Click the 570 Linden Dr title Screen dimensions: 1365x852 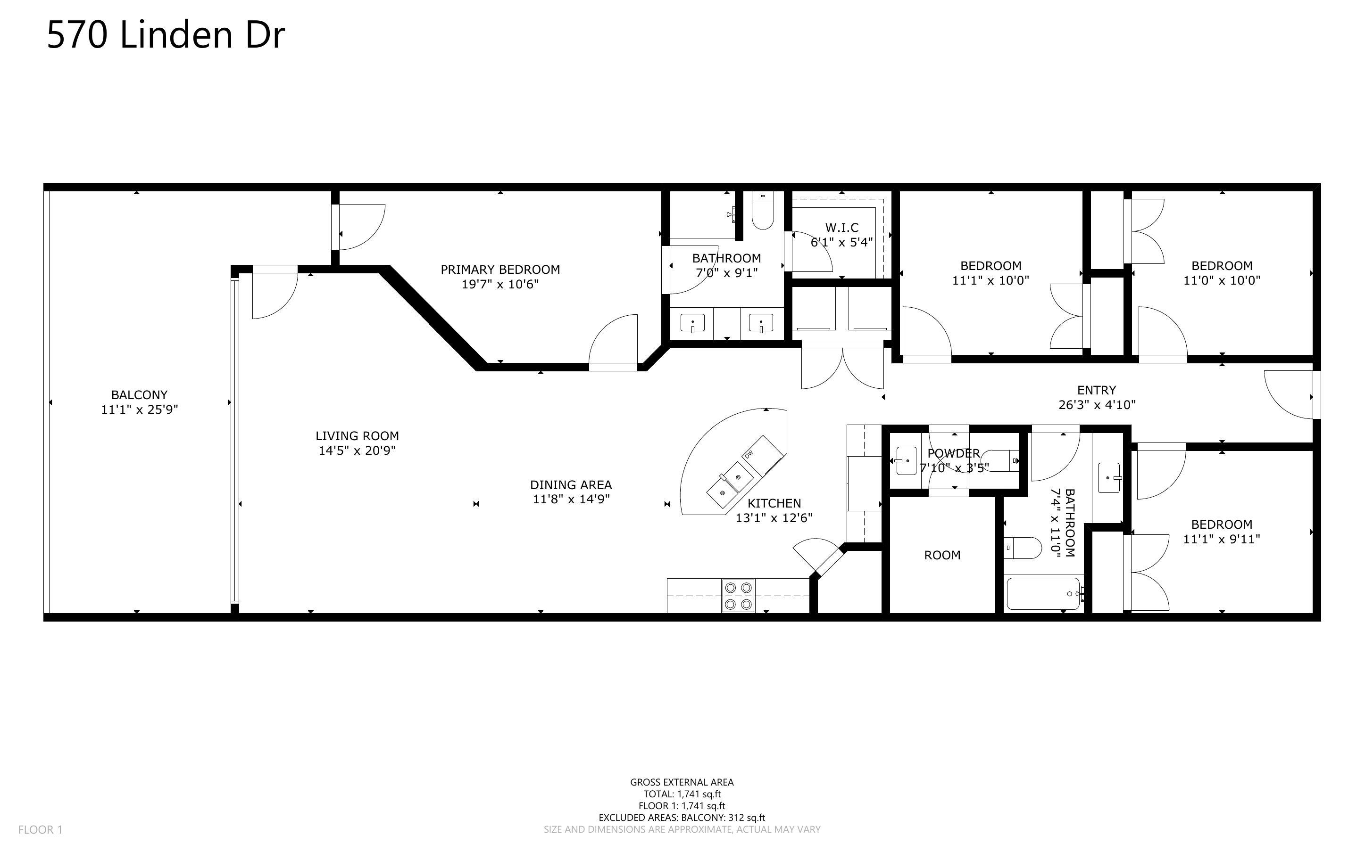point(166,35)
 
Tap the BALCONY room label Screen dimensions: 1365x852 point(139,395)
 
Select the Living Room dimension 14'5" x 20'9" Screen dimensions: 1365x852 point(357,450)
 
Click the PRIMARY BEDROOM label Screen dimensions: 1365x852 point(500,270)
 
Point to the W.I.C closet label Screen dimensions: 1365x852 point(842,228)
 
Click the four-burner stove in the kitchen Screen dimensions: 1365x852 point(738,596)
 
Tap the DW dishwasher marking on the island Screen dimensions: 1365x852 point(749,454)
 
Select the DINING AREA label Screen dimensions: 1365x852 point(571,484)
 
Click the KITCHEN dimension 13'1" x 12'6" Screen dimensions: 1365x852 point(774,518)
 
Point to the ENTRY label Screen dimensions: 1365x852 point(1097,390)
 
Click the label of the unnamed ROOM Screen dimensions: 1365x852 point(942,555)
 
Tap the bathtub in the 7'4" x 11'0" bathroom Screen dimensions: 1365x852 point(1043,593)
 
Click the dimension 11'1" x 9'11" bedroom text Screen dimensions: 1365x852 point(1221,539)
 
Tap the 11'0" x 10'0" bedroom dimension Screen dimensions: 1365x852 point(1221,280)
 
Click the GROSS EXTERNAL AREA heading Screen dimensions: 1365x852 point(682,782)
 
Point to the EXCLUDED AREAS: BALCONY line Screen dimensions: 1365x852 point(682,818)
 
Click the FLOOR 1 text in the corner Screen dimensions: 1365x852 point(40,829)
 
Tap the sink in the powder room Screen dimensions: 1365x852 point(906,460)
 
